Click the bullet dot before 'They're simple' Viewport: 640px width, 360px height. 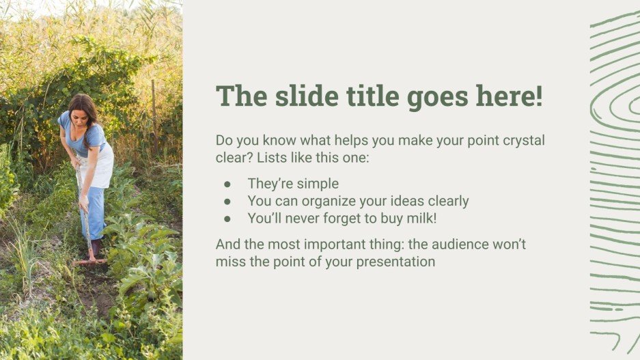coord(227,184)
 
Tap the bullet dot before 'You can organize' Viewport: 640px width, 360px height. coord(227,202)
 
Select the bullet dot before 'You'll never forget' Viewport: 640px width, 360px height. coord(227,219)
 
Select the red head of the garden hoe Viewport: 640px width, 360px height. coord(89,261)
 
